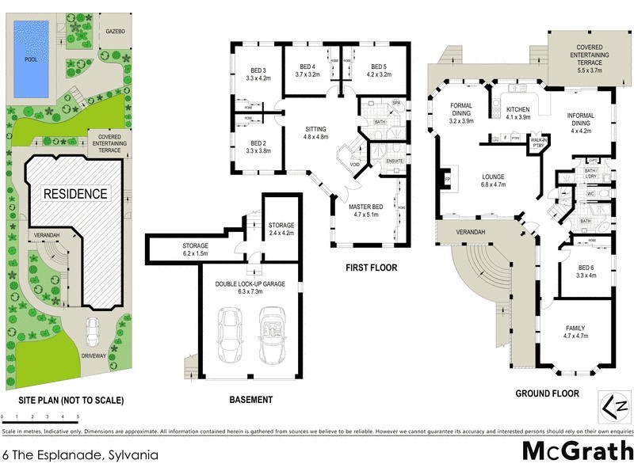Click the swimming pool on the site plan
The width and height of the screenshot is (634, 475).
click(31, 48)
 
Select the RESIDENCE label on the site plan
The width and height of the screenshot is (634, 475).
click(74, 193)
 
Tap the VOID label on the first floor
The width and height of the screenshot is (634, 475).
click(354, 165)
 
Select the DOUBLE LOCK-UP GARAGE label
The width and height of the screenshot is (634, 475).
click(249, 285)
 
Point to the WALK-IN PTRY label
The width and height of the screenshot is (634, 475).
click(540, 142)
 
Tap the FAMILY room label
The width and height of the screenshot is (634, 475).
click(575, 332)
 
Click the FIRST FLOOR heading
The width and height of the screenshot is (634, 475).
click(371, 268)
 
